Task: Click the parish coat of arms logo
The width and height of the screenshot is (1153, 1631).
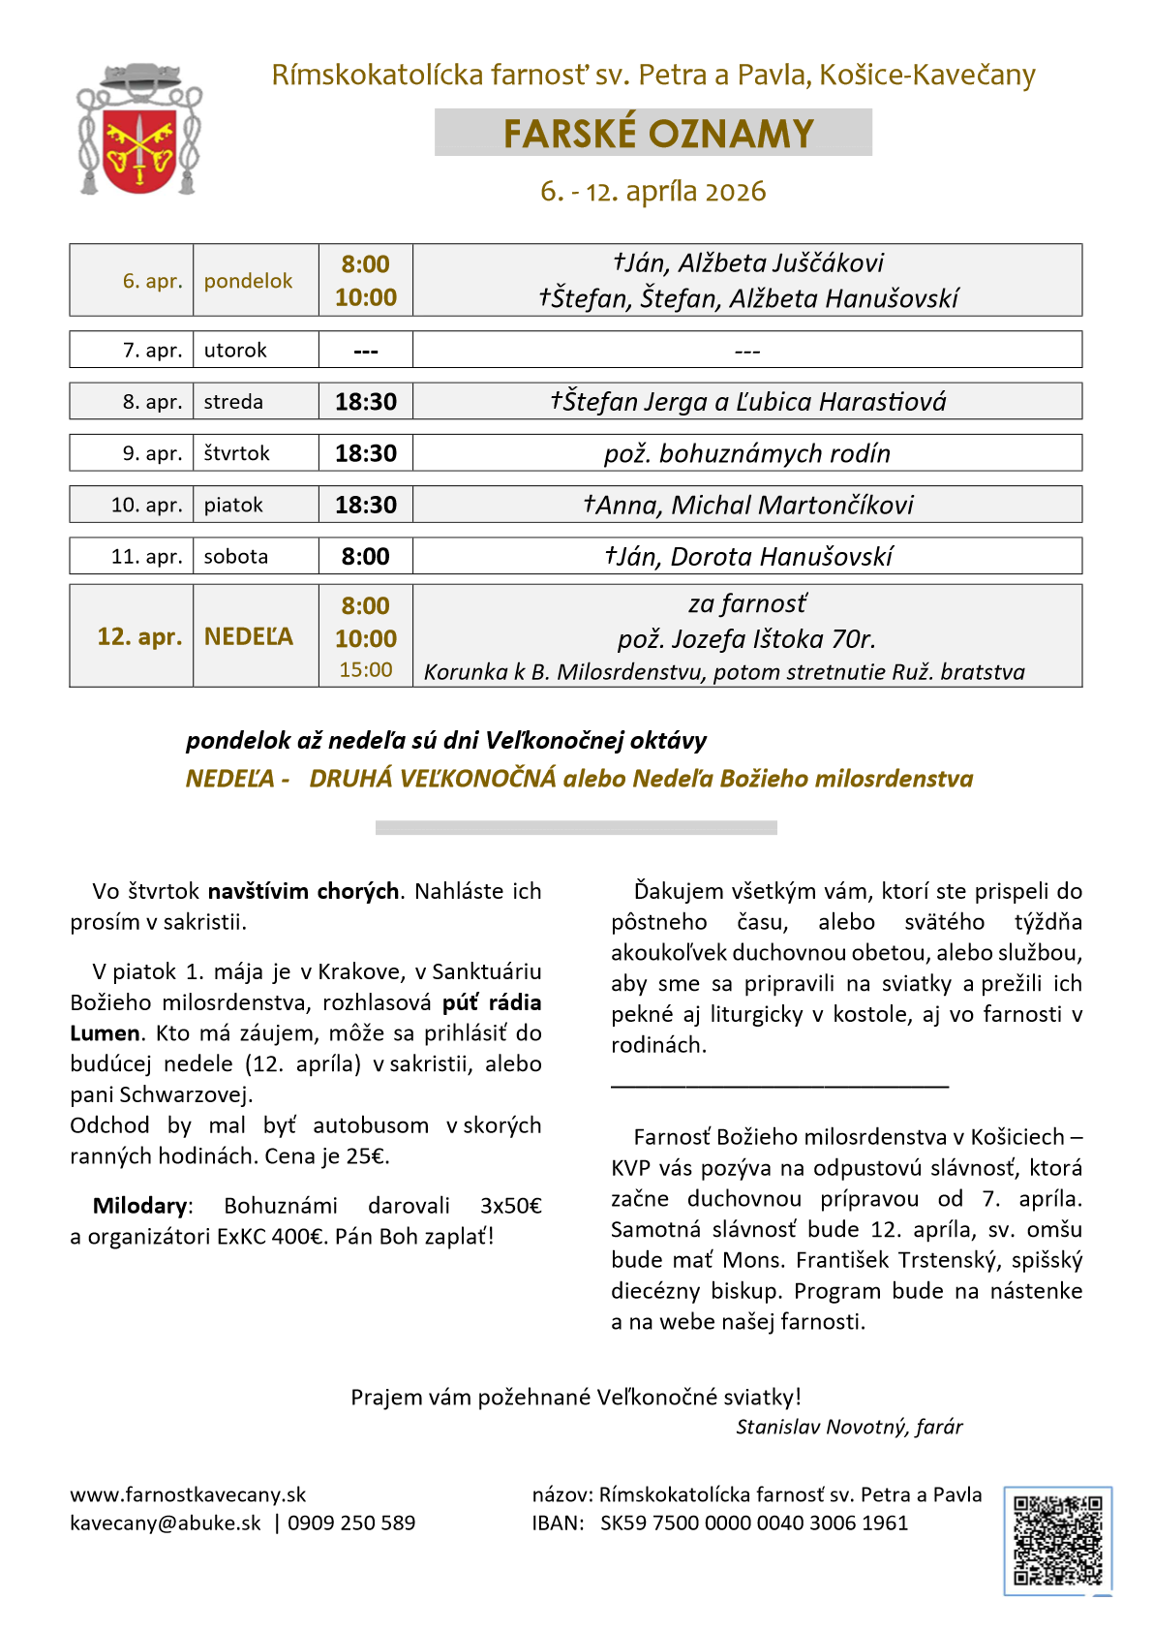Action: coord(139,130)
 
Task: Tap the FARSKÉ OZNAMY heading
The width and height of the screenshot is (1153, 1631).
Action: coord(658,134)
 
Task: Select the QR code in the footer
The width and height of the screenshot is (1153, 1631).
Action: coord(1057,1540)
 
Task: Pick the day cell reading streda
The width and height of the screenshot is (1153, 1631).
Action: coord(233,402)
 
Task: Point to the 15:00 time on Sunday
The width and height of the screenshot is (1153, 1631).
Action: coord(366,670)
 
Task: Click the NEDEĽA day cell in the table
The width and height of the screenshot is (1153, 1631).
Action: coord(249,636)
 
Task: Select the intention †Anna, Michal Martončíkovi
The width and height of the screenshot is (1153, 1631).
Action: coord(747,505)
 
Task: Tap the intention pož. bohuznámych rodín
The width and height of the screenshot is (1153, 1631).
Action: coord(747,453)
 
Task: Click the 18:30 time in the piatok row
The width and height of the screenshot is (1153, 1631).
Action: coord(366,505)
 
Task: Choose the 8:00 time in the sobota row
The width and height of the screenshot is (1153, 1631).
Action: coord(366,557)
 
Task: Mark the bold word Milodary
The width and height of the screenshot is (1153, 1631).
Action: coord(140,1206)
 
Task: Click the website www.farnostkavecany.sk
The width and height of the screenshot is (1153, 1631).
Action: coord(188,1494)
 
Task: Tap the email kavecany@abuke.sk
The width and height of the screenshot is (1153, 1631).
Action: coord(166,1523)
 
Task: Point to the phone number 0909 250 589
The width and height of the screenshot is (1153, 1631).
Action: coord(351,1523)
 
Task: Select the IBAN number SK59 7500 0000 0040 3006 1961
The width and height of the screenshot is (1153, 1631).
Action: coord(754,1523)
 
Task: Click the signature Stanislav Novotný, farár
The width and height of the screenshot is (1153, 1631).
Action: coord(849,1427)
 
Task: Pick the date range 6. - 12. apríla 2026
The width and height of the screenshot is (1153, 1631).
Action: coord(653,191)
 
